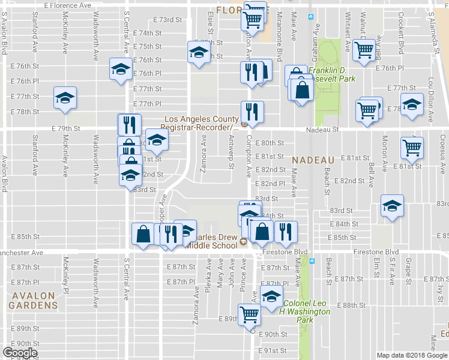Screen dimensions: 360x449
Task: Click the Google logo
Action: click(x=20, y=353)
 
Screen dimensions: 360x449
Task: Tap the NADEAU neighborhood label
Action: click(x=313, y=160)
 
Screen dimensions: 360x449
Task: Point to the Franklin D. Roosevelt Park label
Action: click(x=332, y=74)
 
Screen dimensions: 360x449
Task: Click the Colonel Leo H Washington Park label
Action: click(x=306, y=307)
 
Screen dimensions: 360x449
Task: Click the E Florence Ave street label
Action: click(x=68, y=5)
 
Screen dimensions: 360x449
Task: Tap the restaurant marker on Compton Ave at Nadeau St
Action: click(x=252, y=112)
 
